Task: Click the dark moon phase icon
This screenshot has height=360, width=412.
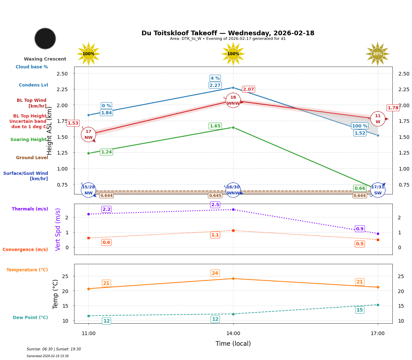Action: [x=45, y=38]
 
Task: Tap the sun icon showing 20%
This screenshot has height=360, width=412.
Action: [x=377, y=54]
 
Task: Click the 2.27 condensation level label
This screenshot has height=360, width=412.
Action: [x=215, y=85]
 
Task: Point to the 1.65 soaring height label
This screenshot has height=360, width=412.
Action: [x=215, y=126]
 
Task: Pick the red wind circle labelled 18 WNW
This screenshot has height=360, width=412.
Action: [x=233, y=100]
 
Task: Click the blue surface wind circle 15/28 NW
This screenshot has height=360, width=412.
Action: [x=88, y=190]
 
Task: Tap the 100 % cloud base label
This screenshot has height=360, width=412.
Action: [x=360, y=126]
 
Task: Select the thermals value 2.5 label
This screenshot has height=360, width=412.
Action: [x=215, y=205]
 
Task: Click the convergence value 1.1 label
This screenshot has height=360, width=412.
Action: [x=215, y=235]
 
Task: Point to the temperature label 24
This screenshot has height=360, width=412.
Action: [x=215, y=273]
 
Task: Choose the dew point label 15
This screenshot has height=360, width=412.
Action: [x=360, y=310]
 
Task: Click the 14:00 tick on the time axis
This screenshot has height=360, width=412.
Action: [x=233, y=333]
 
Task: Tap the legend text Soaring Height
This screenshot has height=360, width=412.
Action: [x=29, y=140]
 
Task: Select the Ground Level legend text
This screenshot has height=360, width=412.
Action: [x=32, y=158]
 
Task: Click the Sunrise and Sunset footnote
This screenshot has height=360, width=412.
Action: [x=54, y=349]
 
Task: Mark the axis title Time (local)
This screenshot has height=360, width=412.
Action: [x=233, y=344]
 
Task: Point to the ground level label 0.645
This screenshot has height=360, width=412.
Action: [x=215, y=195]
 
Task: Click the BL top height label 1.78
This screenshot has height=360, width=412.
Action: [x=393, y=108]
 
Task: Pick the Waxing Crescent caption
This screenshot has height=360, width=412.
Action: [x=45, y=59]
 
